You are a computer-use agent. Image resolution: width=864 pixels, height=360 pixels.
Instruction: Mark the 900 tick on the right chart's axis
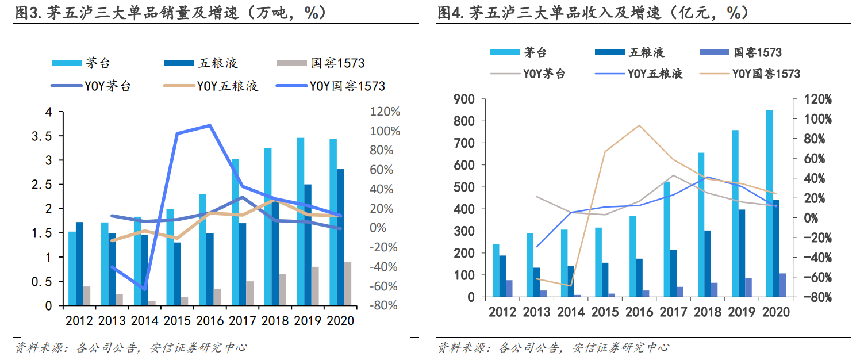(464, 99)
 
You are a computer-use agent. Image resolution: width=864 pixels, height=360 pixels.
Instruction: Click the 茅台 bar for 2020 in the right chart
(769, 204)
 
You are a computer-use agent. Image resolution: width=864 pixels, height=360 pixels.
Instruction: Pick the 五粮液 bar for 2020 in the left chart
(340, 237)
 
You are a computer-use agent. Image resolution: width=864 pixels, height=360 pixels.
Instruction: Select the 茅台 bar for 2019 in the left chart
(300, 221)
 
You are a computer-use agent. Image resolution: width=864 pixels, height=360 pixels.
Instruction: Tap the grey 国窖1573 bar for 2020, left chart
(348, 284)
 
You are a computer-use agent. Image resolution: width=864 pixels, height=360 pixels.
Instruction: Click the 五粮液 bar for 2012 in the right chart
(502, 276)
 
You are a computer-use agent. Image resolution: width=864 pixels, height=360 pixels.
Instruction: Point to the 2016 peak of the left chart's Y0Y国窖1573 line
(210, 125)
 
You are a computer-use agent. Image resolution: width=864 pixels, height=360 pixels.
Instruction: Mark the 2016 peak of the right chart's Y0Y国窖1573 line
(639, 125)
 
